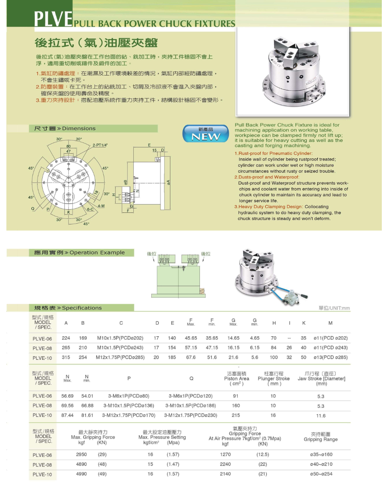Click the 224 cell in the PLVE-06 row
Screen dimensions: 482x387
coord(66,338)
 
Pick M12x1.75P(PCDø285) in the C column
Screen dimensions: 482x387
coord(120,357)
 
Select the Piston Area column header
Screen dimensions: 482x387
coord(237,379)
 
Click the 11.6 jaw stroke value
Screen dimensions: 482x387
coord(321,416)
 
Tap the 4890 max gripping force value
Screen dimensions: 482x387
coord(81,464)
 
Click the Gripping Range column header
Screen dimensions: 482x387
coord(320,437)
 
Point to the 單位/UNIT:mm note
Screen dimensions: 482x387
coord(334,308)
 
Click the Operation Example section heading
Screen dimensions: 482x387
coord(78,253)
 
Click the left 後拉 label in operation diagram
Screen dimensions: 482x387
coord(151,254)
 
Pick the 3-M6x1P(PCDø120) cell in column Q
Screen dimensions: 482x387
coord(190,396)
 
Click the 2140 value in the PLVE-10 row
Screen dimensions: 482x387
coord(225,474)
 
